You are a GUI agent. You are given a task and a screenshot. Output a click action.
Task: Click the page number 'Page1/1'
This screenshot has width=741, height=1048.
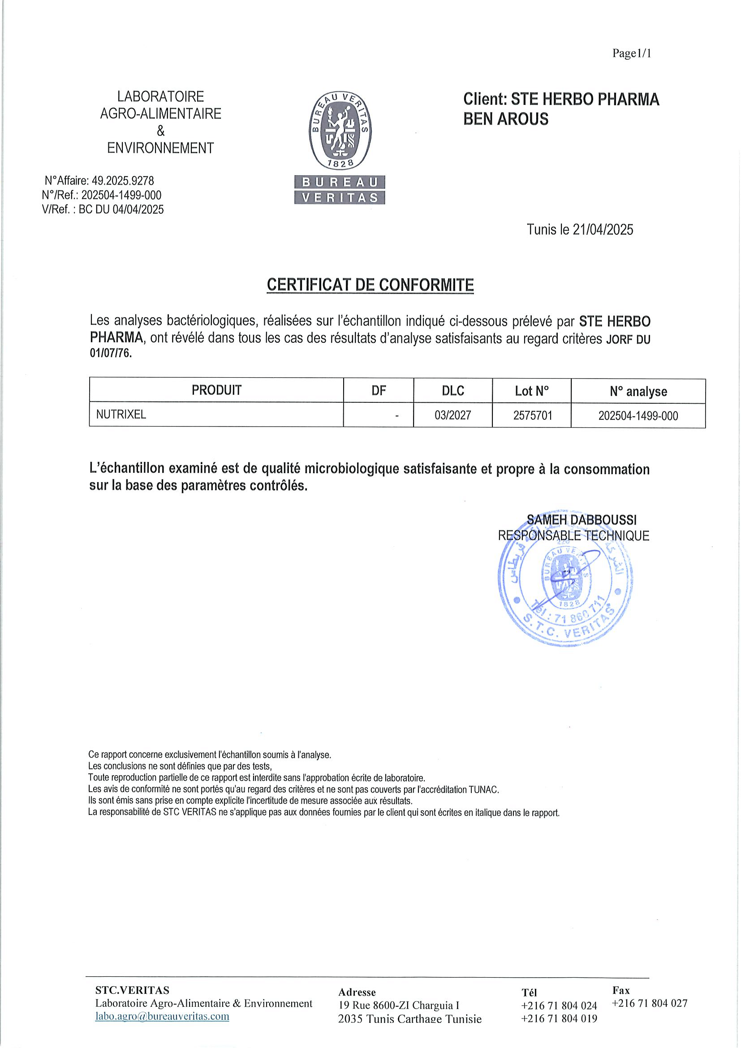pos(632,53)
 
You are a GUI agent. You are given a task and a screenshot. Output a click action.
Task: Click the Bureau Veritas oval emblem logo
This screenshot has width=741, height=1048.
pos(340,129)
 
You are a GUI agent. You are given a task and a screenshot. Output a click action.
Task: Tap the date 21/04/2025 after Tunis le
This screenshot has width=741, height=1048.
pos(603,229)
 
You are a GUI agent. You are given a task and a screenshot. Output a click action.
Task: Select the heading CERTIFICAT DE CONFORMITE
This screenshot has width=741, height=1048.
pos(370,285)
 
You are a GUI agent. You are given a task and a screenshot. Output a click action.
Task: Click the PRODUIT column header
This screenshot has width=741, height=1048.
pos(216,390)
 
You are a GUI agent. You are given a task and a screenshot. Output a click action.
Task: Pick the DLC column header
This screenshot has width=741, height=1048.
pos(452,391)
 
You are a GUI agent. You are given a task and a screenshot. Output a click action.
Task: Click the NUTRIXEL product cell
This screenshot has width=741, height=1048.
pos(121,414)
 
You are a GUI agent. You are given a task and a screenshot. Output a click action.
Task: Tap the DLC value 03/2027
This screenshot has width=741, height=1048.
pos(452,415)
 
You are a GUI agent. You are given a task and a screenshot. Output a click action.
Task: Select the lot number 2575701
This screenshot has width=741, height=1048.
pos(533,415)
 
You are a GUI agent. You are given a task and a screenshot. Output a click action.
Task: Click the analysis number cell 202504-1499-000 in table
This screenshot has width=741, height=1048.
pos(638,416)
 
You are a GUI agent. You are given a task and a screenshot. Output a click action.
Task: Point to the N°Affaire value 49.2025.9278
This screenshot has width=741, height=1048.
pos(123,181)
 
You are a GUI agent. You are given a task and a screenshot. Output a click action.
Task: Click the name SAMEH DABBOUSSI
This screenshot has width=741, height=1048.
pos(582,520)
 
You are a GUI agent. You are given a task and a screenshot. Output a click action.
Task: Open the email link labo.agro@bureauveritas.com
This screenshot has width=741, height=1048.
pos(162,1016)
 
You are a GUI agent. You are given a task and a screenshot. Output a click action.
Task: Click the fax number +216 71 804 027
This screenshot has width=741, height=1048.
pos(649,1003)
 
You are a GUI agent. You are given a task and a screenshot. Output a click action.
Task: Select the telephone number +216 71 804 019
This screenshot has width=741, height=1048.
pos(559,1018)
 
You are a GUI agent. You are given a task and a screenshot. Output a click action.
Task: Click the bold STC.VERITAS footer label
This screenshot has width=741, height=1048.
pos(132,990)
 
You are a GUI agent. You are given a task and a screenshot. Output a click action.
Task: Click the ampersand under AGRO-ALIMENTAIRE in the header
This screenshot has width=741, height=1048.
pos(161,131)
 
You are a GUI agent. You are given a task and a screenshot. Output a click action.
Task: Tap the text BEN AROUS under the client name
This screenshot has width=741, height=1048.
pos(505,119)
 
